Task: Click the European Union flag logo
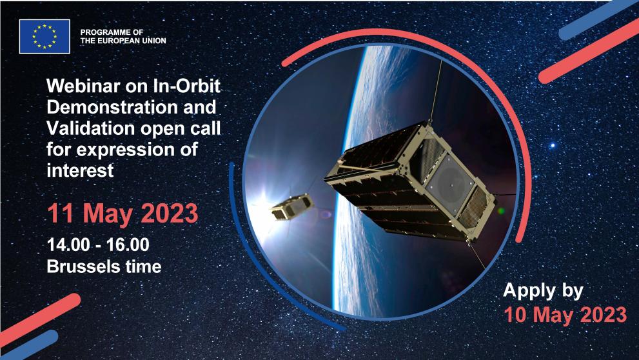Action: tap(44, 36)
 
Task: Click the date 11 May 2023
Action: tap(122, 214)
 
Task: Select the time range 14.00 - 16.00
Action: tap(98, 245)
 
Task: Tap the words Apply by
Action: tap(543, 290)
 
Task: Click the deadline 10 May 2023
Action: tap(565, 314)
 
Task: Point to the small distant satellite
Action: tap(291, 208)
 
